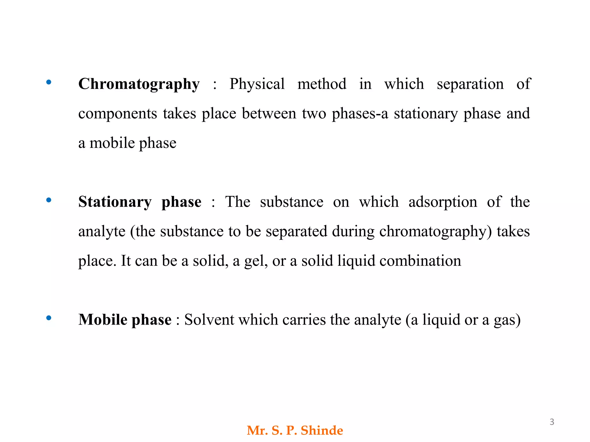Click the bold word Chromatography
pyautogui.click(x=139, y=84)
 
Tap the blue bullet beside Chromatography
pyautogui.click(x=49, y=83)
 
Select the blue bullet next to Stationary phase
pyautogui.click(x=49, y=200)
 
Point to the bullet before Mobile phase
pyautogui.click(x=49, y=318)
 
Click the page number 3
pyautogui.click(x=552, y=422)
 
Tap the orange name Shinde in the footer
pyautogui.click(x=322, y=430)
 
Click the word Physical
pyautogui.click(x=257, y=84)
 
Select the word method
pyautogui.click(x=322, y=84)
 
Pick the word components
pyautogui.click(x=118, y=114)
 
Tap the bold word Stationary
pyautogui.click(x=115, y=202)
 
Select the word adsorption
pyautogui.click(x=443, y=202)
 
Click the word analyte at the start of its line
pyautogui.click(x=102, y=232)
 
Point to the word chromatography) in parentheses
pyautogui.click(x=436, y=232)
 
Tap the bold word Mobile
pyautogui.click(x=103, y=320)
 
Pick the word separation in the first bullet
pyautogui.click(x=470, y=84)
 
